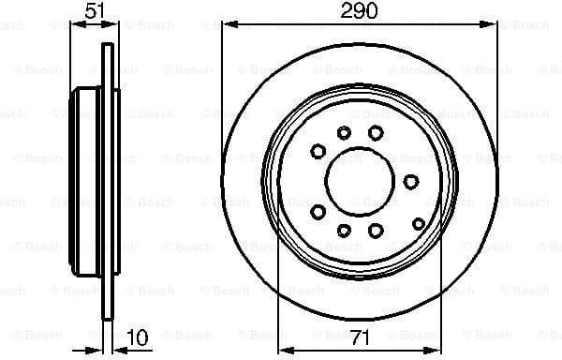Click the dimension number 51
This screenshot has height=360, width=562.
point(94,10)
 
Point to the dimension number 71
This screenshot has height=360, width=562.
point(359,336)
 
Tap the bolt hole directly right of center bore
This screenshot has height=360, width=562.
point(412,181)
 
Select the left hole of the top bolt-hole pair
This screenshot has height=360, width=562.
point(344,132)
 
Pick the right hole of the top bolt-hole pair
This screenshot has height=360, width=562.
point(375,132)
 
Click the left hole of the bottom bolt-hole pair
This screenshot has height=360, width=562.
point(344,230)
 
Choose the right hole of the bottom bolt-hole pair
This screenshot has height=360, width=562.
point(375,230)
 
